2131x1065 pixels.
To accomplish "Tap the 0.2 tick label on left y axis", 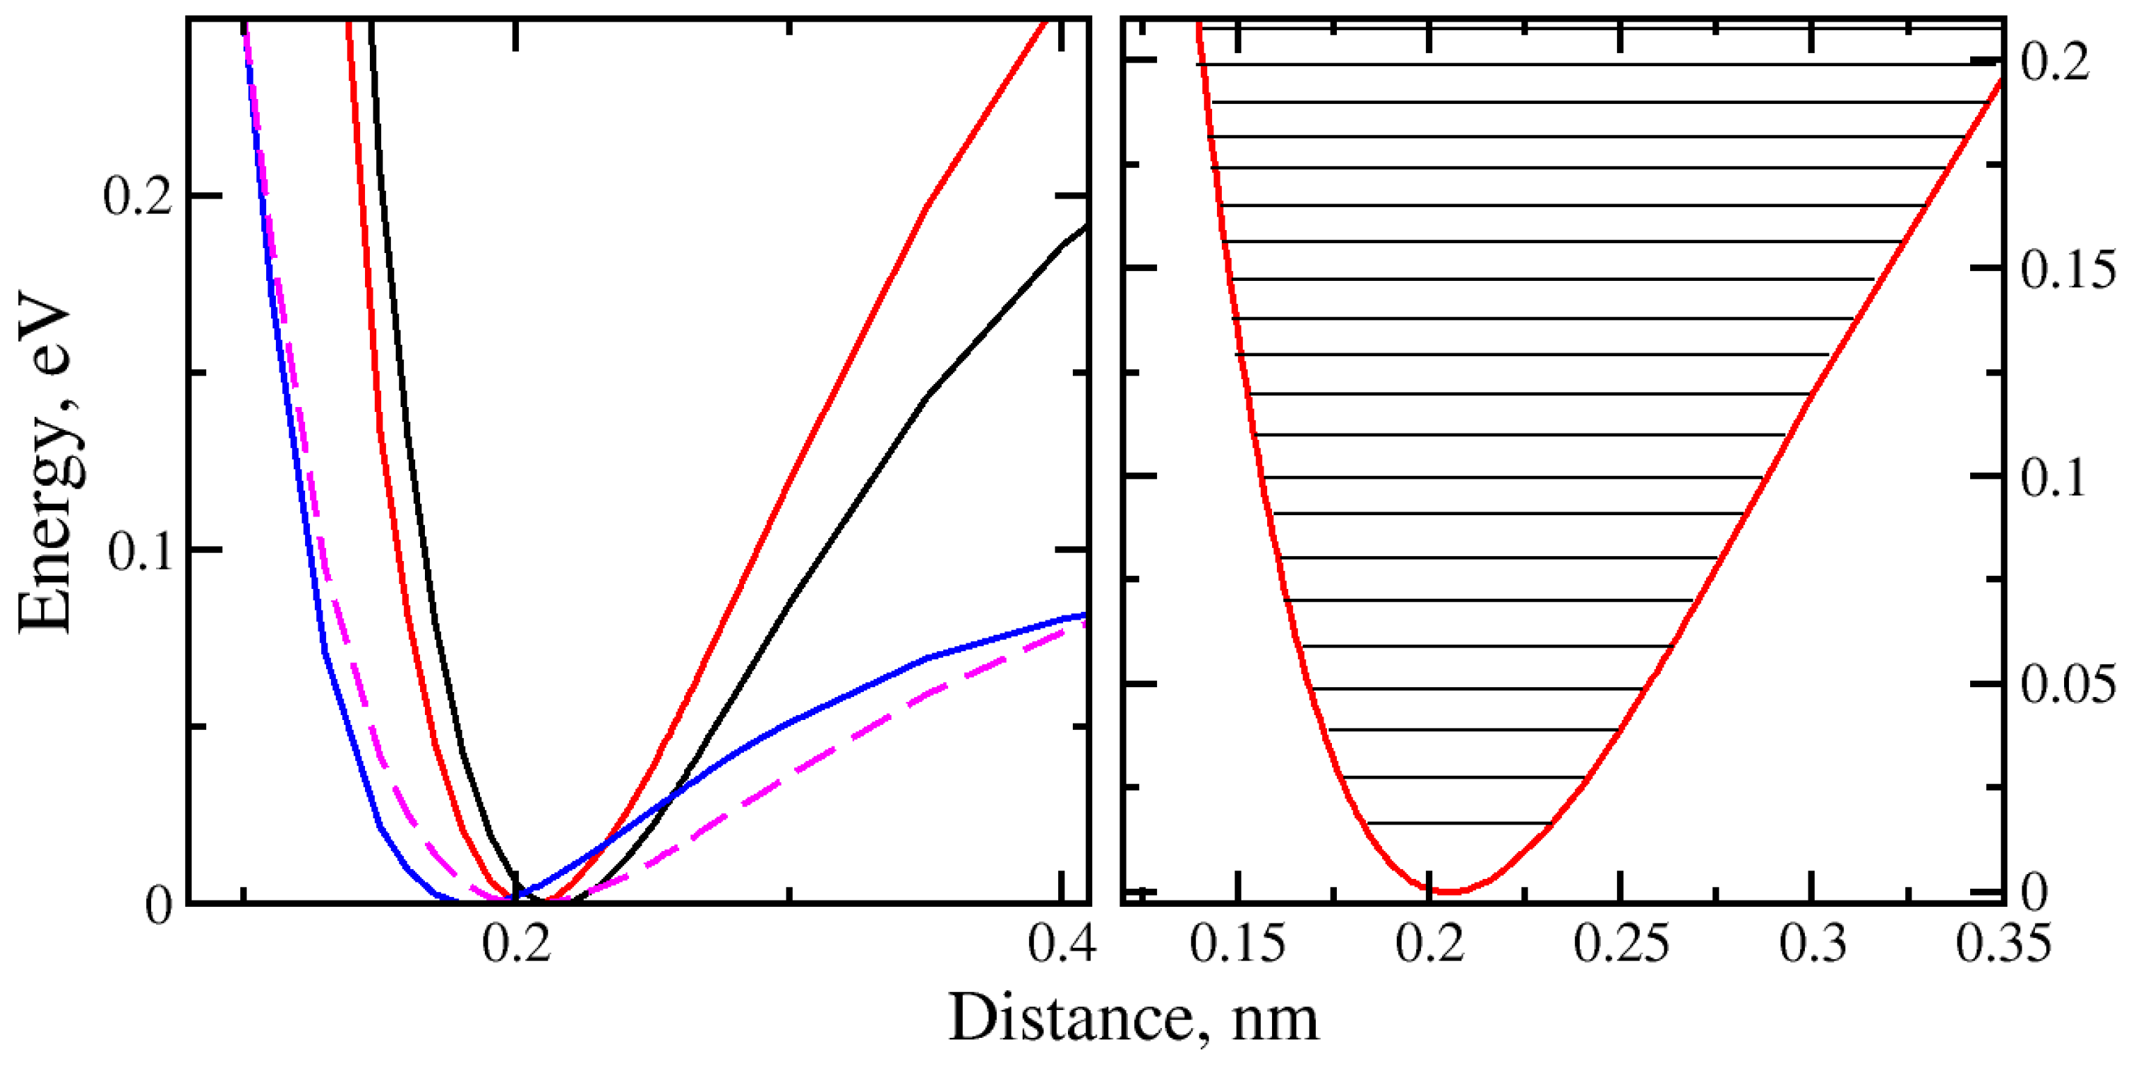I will (137, 198).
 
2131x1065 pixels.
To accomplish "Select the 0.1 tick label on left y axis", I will (140, 551).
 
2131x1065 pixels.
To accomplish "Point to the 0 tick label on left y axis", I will (160, 905).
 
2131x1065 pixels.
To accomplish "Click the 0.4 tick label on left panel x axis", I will (1062, 943).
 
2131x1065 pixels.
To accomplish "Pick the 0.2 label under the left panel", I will (516, 943).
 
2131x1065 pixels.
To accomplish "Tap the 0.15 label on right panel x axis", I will (1237, 943).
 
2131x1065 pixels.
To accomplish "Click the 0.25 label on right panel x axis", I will (1620, 943).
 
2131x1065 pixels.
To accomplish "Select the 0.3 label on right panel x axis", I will (1813, 943).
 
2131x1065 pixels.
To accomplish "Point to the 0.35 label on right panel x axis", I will (2003, 943).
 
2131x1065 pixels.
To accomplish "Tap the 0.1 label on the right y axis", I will (2053, 477).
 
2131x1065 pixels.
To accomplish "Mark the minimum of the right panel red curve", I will (1449, 892).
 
